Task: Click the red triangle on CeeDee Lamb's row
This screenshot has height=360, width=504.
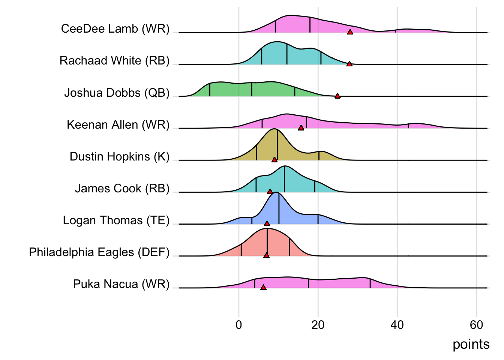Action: point(350,32)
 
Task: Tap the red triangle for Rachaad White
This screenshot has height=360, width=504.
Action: point(349,64)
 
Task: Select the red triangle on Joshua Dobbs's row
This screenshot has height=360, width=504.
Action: point(337,96)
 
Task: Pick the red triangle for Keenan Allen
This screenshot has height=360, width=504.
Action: point(301,128)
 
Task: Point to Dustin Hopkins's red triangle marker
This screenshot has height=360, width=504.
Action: point(274,160)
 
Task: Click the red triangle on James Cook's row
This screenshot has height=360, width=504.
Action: point(270,192)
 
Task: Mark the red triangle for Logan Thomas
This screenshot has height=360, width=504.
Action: point(267,223)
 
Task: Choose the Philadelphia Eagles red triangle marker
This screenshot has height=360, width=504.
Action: point(266,255)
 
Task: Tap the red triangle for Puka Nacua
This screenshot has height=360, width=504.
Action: point(263,287)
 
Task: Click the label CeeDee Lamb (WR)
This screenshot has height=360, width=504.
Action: point(115,29)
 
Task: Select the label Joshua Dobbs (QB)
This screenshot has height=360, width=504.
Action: point(117,93)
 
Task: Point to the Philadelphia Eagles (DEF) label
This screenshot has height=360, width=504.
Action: point(99,252)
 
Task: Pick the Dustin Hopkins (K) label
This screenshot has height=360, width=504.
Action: point(120,156)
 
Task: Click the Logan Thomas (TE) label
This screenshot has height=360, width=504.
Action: point(116,220)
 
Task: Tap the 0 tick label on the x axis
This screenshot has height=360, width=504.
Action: point(239,325)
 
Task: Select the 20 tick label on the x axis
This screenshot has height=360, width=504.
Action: point(318,325)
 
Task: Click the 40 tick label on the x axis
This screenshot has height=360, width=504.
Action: point(397,325)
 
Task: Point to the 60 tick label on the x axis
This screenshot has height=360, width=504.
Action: point(476,325)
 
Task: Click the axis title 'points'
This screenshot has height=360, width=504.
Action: point(471,344)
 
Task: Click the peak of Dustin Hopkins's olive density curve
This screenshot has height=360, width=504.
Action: point(276,129)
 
